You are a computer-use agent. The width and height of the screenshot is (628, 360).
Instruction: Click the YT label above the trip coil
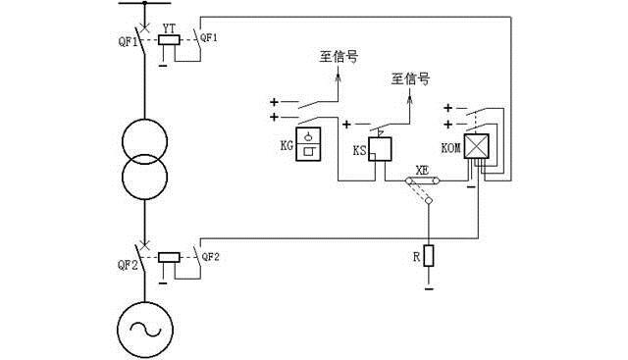click(x=168, y=29)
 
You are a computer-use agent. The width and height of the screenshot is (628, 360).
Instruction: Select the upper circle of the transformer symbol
click(x=144, y=144)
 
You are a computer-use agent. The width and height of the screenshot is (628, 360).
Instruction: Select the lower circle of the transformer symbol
click(x=144, y=179)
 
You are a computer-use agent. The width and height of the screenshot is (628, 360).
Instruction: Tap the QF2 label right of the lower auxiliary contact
click(x=211, y=258)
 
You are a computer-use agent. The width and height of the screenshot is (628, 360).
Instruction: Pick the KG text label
click(x=287, y=146)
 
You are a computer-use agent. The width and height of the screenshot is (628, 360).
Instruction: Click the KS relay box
click(x=380, y=148)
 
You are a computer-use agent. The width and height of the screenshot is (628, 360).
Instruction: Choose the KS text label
click(x=359, y=151)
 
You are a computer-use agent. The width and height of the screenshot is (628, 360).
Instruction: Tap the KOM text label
click(x=451, y=147)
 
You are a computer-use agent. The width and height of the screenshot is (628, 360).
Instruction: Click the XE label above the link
click(x=423, y=169)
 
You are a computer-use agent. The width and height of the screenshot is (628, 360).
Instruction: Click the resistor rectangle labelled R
click(x=429, y=258)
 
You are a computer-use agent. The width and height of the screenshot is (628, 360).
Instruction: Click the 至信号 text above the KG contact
click(x=338, y=57)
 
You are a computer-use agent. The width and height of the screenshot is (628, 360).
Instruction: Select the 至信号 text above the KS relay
click(x=410, y=77)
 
